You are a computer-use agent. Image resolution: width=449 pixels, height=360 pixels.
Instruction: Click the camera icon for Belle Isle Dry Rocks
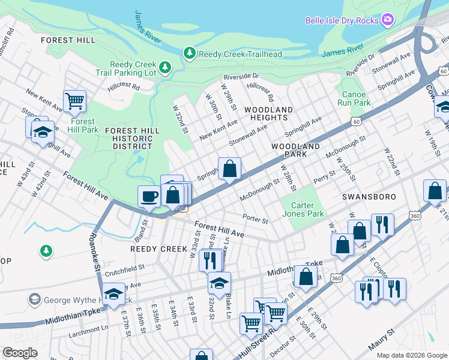[x=388, y=20]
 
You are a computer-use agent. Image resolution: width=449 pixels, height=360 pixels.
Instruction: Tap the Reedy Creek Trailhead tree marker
[x=190, y=54]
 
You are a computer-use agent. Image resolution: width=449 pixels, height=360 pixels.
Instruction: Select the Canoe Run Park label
[x=354, y=98]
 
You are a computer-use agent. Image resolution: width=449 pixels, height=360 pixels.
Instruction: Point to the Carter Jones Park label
[x=303, y=209]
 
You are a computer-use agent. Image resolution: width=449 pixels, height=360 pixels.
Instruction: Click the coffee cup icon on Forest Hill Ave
[x=149, y=196]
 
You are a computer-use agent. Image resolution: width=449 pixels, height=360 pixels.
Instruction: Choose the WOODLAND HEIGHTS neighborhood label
[x=268, y=113]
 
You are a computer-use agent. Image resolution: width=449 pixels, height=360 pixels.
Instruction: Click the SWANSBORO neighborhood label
[x=363, y=196]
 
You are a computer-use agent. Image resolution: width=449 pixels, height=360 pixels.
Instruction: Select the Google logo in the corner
[x=20, y=353]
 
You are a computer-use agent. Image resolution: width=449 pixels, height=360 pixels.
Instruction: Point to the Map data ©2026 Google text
[x=411, y=355]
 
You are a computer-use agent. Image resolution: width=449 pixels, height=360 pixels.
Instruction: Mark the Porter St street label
[x=255, y=218]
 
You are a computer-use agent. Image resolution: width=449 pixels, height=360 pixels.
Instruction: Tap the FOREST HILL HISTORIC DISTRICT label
[x=132, y=138]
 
